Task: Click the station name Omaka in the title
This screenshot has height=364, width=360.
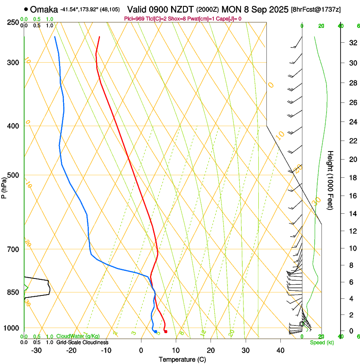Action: (x=44, y=9)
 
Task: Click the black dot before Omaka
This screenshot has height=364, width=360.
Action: (x=26, y=9)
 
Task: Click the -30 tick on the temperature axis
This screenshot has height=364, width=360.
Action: (x=36, y=350)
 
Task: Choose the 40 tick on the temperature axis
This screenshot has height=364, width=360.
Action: (x=280, y=350)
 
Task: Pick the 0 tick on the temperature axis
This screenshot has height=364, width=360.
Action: (x=141, y=350)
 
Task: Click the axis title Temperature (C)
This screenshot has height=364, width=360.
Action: (x=182, y=359)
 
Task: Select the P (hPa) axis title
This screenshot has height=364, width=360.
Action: (x=5, y=187)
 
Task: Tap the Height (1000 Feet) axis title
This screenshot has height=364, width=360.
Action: (x=331, y=180)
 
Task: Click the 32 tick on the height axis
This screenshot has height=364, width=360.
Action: (x=352, y=43)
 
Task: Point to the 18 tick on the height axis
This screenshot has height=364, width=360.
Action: (x=352, y=178)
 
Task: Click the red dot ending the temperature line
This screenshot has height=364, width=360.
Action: (x=166, y=331)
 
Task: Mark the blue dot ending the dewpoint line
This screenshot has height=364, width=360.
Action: (x=155, y=331)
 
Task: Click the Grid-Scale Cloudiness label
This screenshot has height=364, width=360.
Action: (x=82, y=342)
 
